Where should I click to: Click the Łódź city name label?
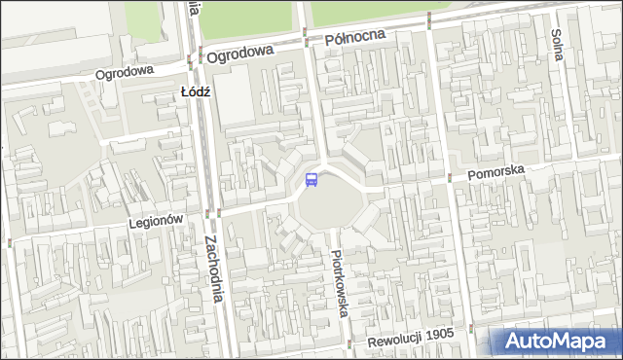coord(196,91)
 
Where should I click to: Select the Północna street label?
coord(355,39)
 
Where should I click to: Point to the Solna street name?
coord(558,45)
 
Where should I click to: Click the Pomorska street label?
coord(495,171)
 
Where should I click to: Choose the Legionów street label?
coord(157,222)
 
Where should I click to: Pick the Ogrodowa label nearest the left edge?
coord(126,73)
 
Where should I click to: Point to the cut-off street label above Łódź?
coord(195,8)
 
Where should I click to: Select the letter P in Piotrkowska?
coord(336,255)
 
